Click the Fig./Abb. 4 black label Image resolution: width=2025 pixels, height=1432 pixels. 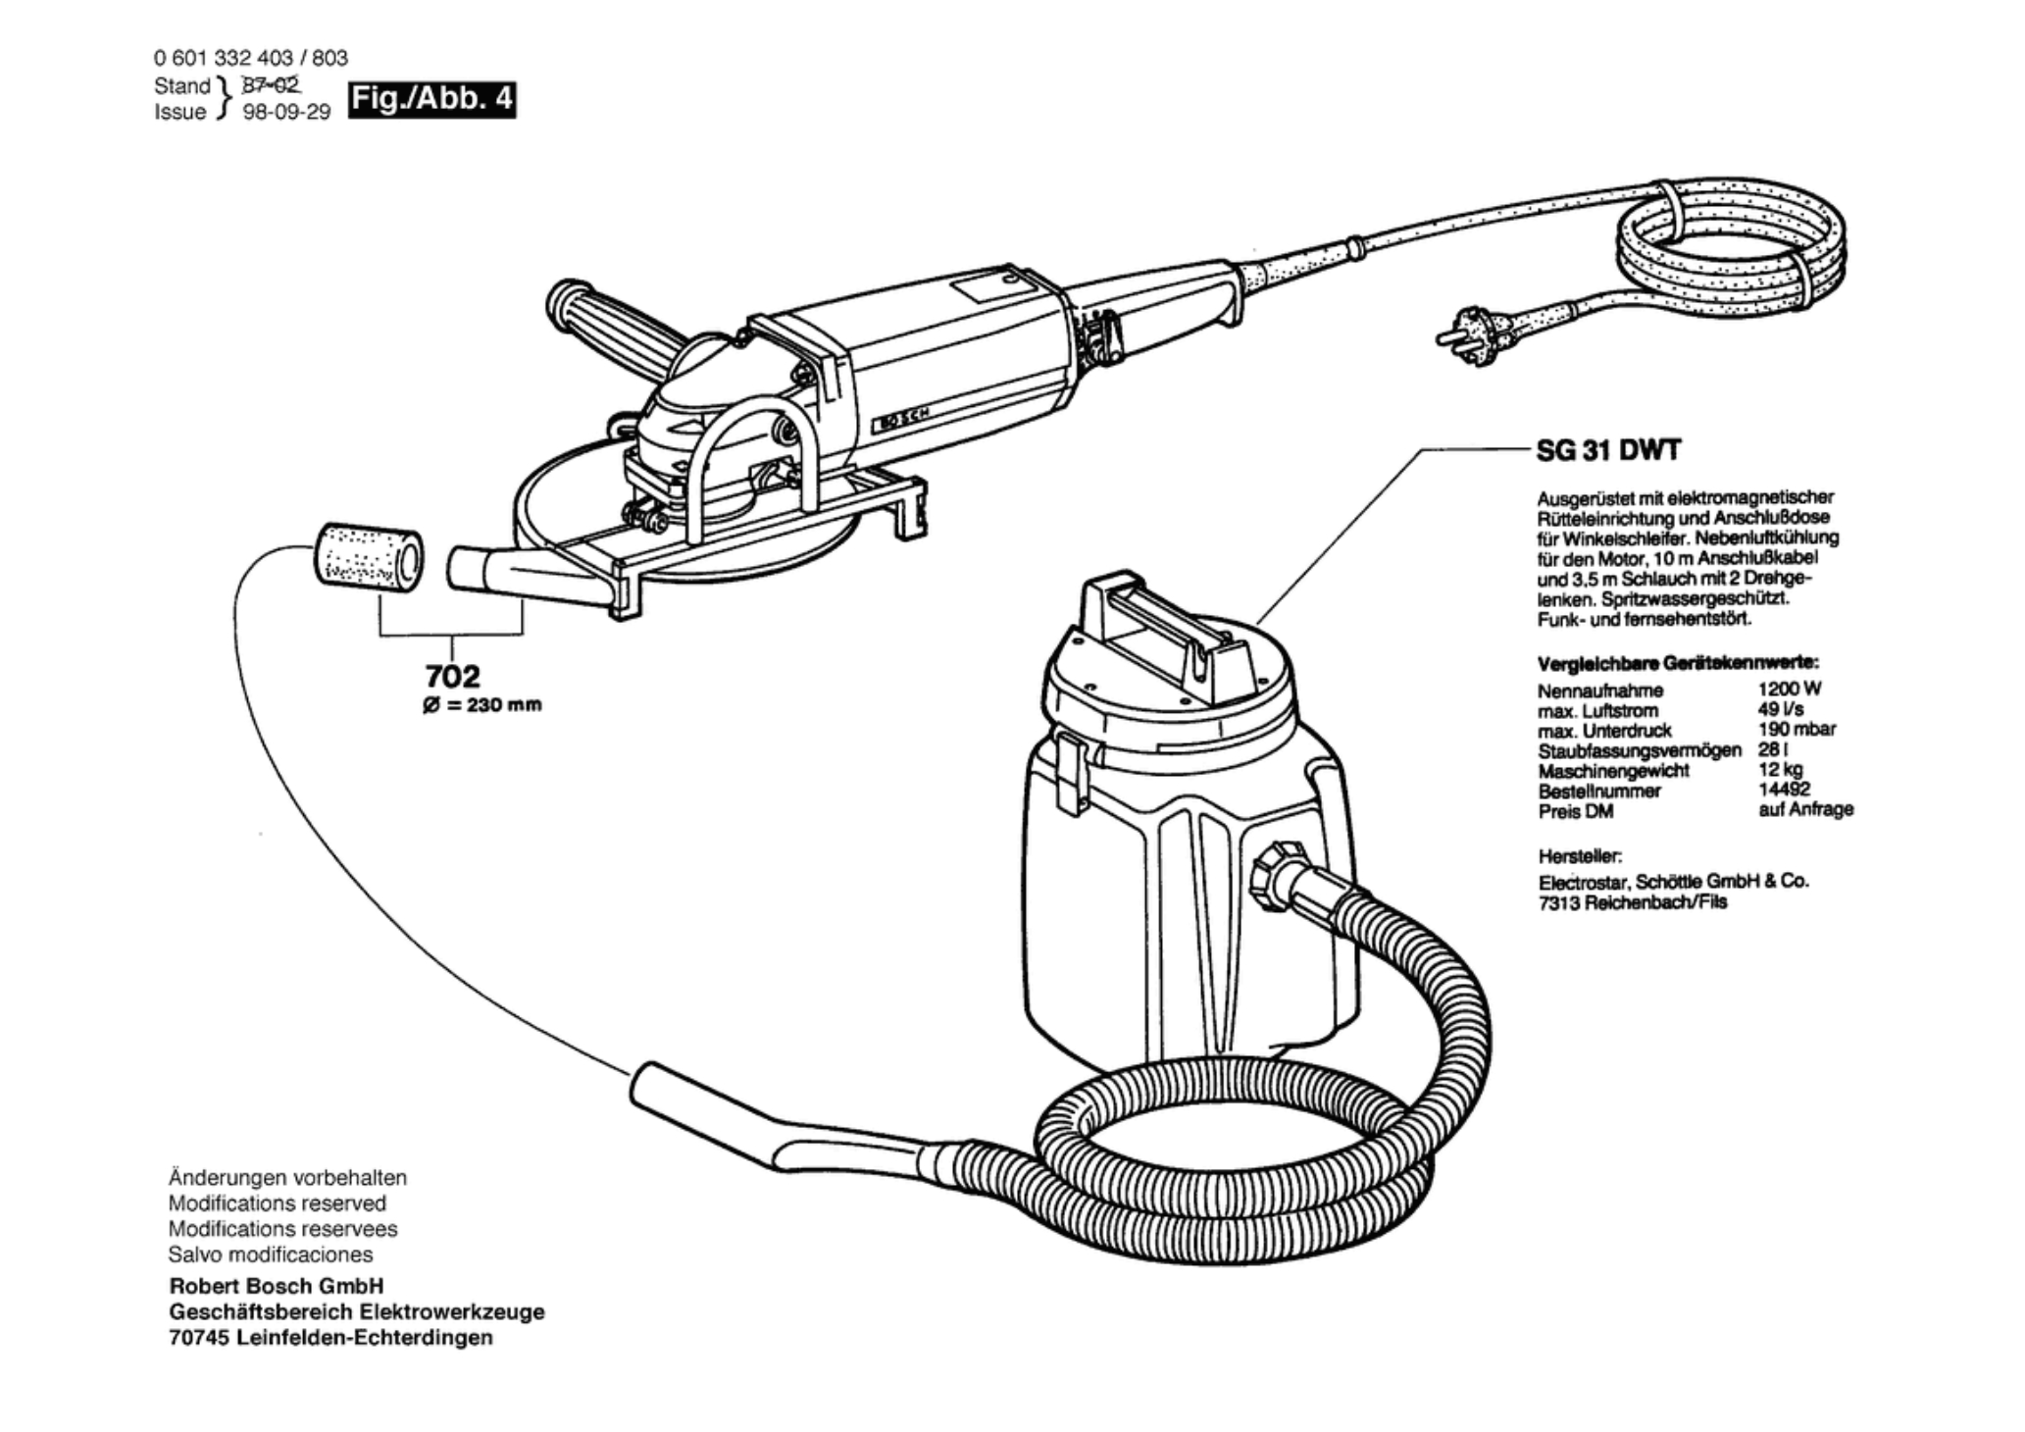click(x=432, y=100)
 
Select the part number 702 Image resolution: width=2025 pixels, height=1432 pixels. click(x=453, y=676)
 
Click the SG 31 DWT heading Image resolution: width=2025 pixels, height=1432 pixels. click(x=1607, y=450)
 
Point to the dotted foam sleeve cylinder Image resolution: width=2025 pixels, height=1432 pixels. click(x=368, y=559)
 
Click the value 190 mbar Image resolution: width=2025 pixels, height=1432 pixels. click(x=1797, y=729)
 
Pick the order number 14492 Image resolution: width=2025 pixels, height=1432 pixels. click(x=1785, y=789)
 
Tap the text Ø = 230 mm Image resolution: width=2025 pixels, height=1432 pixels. click(x=481, y=705)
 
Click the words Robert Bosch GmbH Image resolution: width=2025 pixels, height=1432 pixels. click(x=277, y=1286)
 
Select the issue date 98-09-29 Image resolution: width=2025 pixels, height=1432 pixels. click(x=286, y=112)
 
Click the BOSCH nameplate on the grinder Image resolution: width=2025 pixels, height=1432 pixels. click(x=898, y=418)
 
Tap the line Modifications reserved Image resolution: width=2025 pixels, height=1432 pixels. click(x=278, y=1203)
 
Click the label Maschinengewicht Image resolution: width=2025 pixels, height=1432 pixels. click(x=1613, y=771)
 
